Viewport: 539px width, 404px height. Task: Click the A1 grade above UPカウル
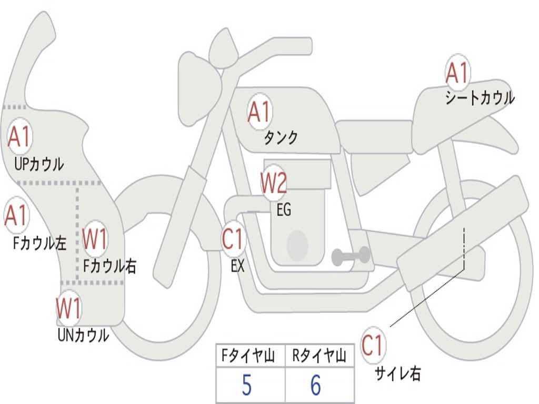click(x=19, y=136)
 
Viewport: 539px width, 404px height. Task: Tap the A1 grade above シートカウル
click(x=457, y=73)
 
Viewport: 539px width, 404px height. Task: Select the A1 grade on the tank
click(x=259, y=112)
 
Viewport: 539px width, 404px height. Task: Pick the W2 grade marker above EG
click(x=274, y=183)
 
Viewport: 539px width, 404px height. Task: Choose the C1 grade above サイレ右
click(x=373, y=345)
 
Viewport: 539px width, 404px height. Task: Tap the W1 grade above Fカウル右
click(x=95, y=238)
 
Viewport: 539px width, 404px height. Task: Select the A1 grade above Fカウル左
click(x=16, y=215)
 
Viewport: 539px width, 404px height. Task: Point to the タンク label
click(x=281, y=138)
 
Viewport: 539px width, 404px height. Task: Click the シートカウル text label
click(x=480, y=97)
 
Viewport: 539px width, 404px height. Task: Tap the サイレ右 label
click(x=398, y=373)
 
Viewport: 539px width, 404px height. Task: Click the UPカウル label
click(x=39, y=164)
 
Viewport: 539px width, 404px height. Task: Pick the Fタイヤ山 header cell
click(x=251, y=356)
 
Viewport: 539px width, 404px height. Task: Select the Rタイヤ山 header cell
click(x=320, y=356)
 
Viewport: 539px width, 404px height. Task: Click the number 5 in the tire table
click(x=247, y=385)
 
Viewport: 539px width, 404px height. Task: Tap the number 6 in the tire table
click(x=316, y=385)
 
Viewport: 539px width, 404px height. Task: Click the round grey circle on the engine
click(x=297, y=245)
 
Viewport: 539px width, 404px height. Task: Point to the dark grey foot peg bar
click(x=351, y=256)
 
